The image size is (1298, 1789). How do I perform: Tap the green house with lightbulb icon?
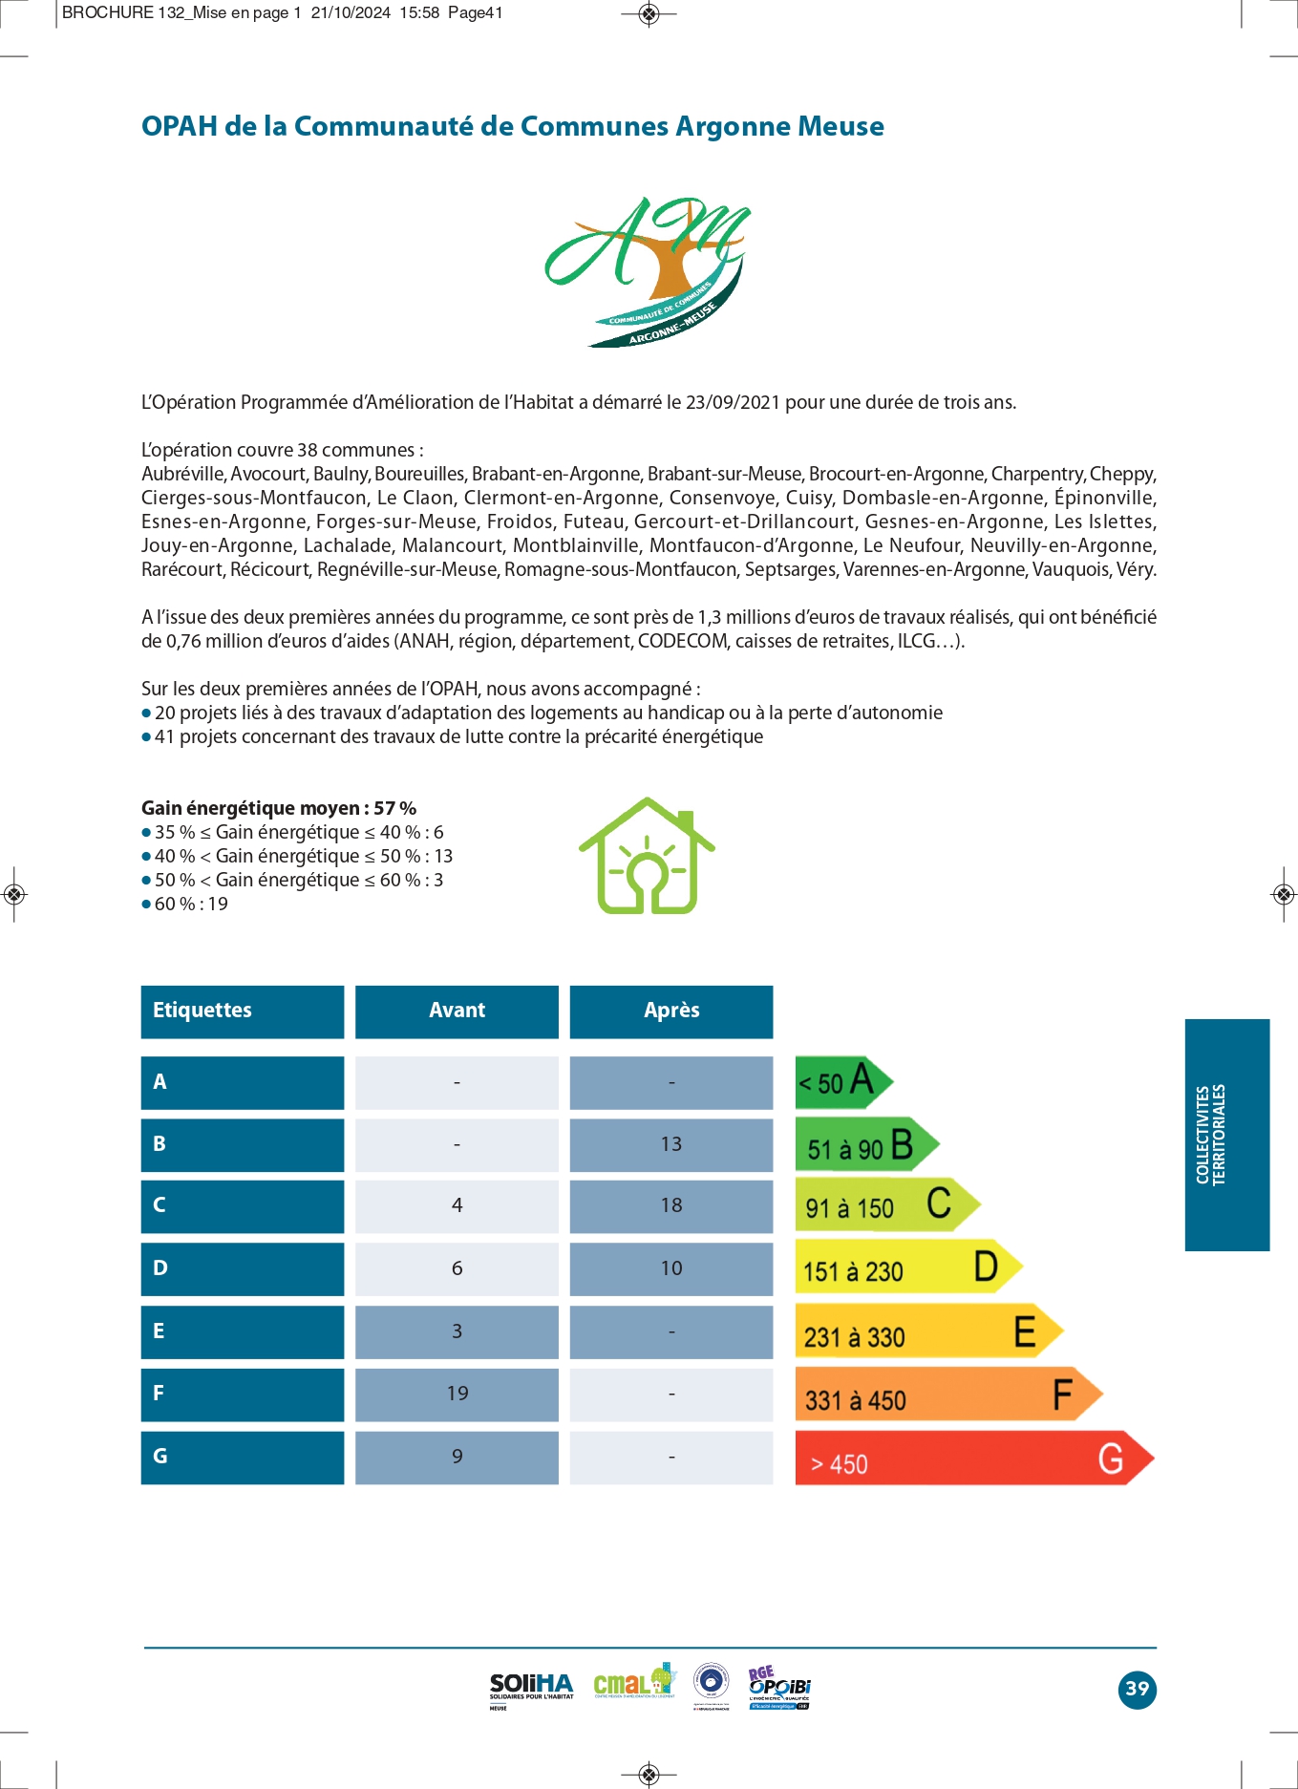[x=648, y=856]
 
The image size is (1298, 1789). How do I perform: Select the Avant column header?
[x=457, y=1011]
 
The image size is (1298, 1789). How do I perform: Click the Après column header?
[x=670, y=1011]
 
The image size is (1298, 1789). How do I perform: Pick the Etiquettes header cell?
[x=242, y=1011]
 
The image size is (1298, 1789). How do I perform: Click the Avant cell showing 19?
[x=457, y=1394]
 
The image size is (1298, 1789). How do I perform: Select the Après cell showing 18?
[x=670, y=1205]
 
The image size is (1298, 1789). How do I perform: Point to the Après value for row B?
[x=670, y=1144]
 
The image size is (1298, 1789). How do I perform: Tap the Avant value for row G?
[x=457, y=1457]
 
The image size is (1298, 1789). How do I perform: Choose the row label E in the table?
[x=242, y=1331]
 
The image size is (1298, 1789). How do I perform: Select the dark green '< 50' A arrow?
[x=841, y=1082]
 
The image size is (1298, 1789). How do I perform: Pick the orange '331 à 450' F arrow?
[x=946, y=1395]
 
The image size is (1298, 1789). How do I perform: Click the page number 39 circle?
[x=1137, y=1689]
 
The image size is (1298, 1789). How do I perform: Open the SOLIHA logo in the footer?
[x=531, y=1689]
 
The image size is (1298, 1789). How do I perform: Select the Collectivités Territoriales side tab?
[x=1226, y=1134]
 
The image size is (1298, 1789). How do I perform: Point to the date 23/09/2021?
[x=733, y=402]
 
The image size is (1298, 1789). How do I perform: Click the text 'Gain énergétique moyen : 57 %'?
[x=279, y=808]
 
